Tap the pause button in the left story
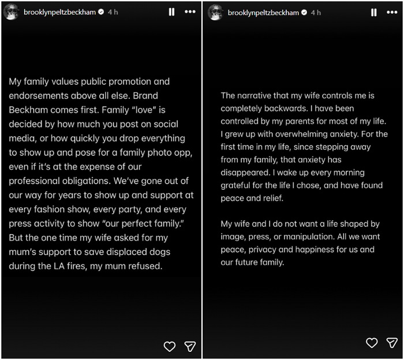(171, 12)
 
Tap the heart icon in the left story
(170, 346)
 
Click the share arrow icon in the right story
(392, 343)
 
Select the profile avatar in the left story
(11, 12)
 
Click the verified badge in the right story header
(303, 12)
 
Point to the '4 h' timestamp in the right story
(316, 12)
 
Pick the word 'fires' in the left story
(68, 266)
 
